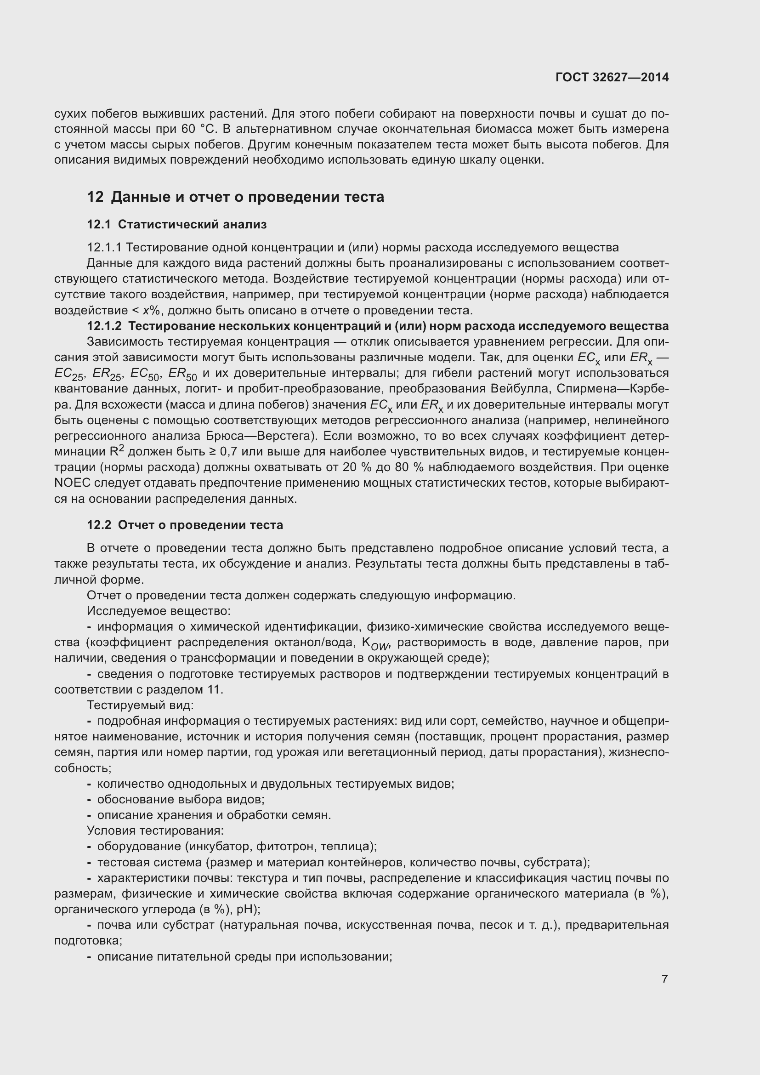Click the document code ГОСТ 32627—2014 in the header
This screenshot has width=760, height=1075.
612,77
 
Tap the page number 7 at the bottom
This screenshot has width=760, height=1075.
664,979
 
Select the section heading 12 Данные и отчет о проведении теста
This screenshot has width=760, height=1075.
235,197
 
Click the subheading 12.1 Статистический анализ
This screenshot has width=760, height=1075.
177,225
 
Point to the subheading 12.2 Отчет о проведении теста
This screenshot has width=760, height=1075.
185,525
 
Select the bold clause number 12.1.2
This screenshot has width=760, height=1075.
104,326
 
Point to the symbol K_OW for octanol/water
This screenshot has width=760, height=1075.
375,644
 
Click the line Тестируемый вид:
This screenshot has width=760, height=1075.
141,705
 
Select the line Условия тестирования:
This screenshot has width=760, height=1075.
155,830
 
